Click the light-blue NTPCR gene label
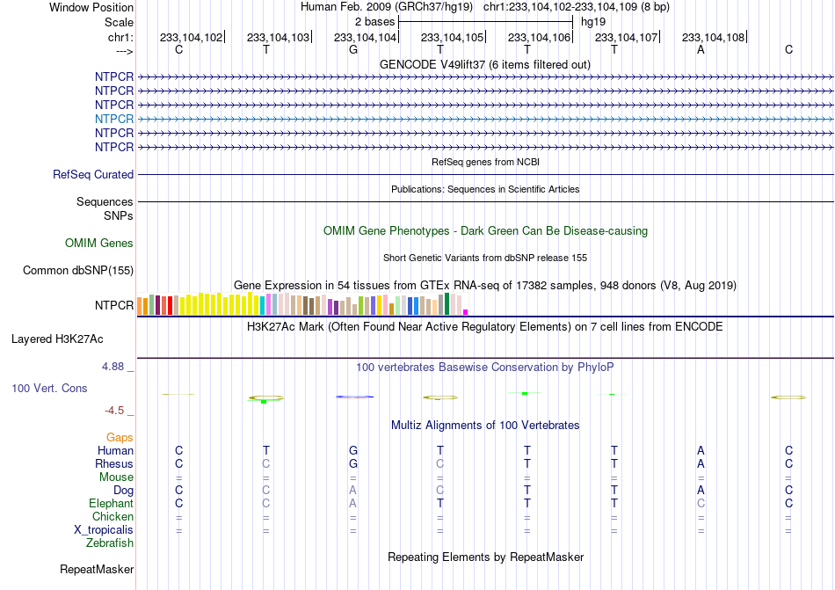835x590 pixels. (114, 119)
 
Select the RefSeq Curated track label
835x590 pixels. (93, 175)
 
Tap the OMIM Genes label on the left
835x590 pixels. (99, 244)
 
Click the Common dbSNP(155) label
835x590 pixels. (78, 271)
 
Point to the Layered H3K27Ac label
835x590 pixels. (57, 339)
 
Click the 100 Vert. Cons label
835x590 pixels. (49, 388)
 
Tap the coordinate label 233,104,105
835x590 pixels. (452, 37)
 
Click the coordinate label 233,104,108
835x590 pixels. (713, 37)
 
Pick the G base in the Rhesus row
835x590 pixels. (353, 463)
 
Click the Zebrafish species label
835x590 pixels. (110, 543)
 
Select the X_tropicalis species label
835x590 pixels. (104, 530)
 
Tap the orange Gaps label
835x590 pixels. (120, 437)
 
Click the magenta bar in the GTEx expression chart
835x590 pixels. (466, 312)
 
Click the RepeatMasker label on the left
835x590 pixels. (97, 570)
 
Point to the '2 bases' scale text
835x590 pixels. (375, 22)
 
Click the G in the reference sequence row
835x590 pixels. (353, 49)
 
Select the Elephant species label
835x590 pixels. (112, 504)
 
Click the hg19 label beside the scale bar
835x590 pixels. (593, 22)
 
